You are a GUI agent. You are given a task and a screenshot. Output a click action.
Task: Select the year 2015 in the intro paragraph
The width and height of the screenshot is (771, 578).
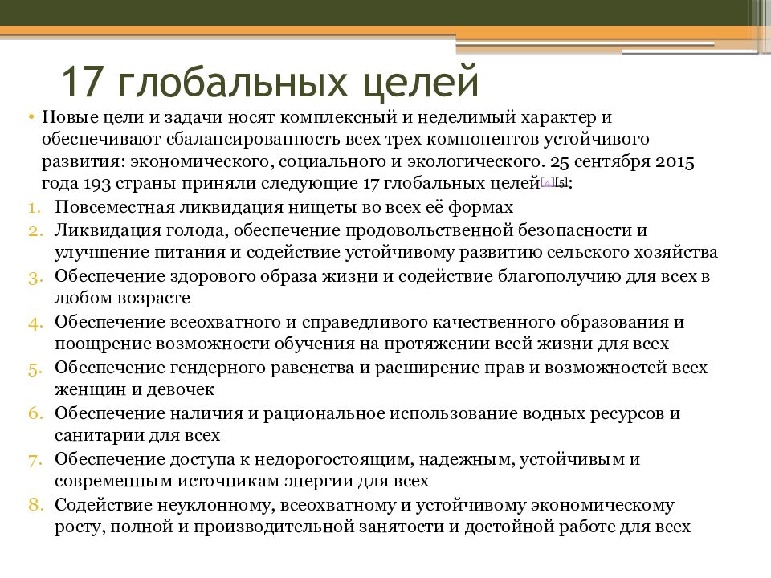click(x=675, y=161)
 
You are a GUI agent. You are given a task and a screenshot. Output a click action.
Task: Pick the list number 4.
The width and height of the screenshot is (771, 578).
click(x=38, y=322)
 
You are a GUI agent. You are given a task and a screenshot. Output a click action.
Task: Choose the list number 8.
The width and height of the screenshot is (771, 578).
click(x=38, y=505)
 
